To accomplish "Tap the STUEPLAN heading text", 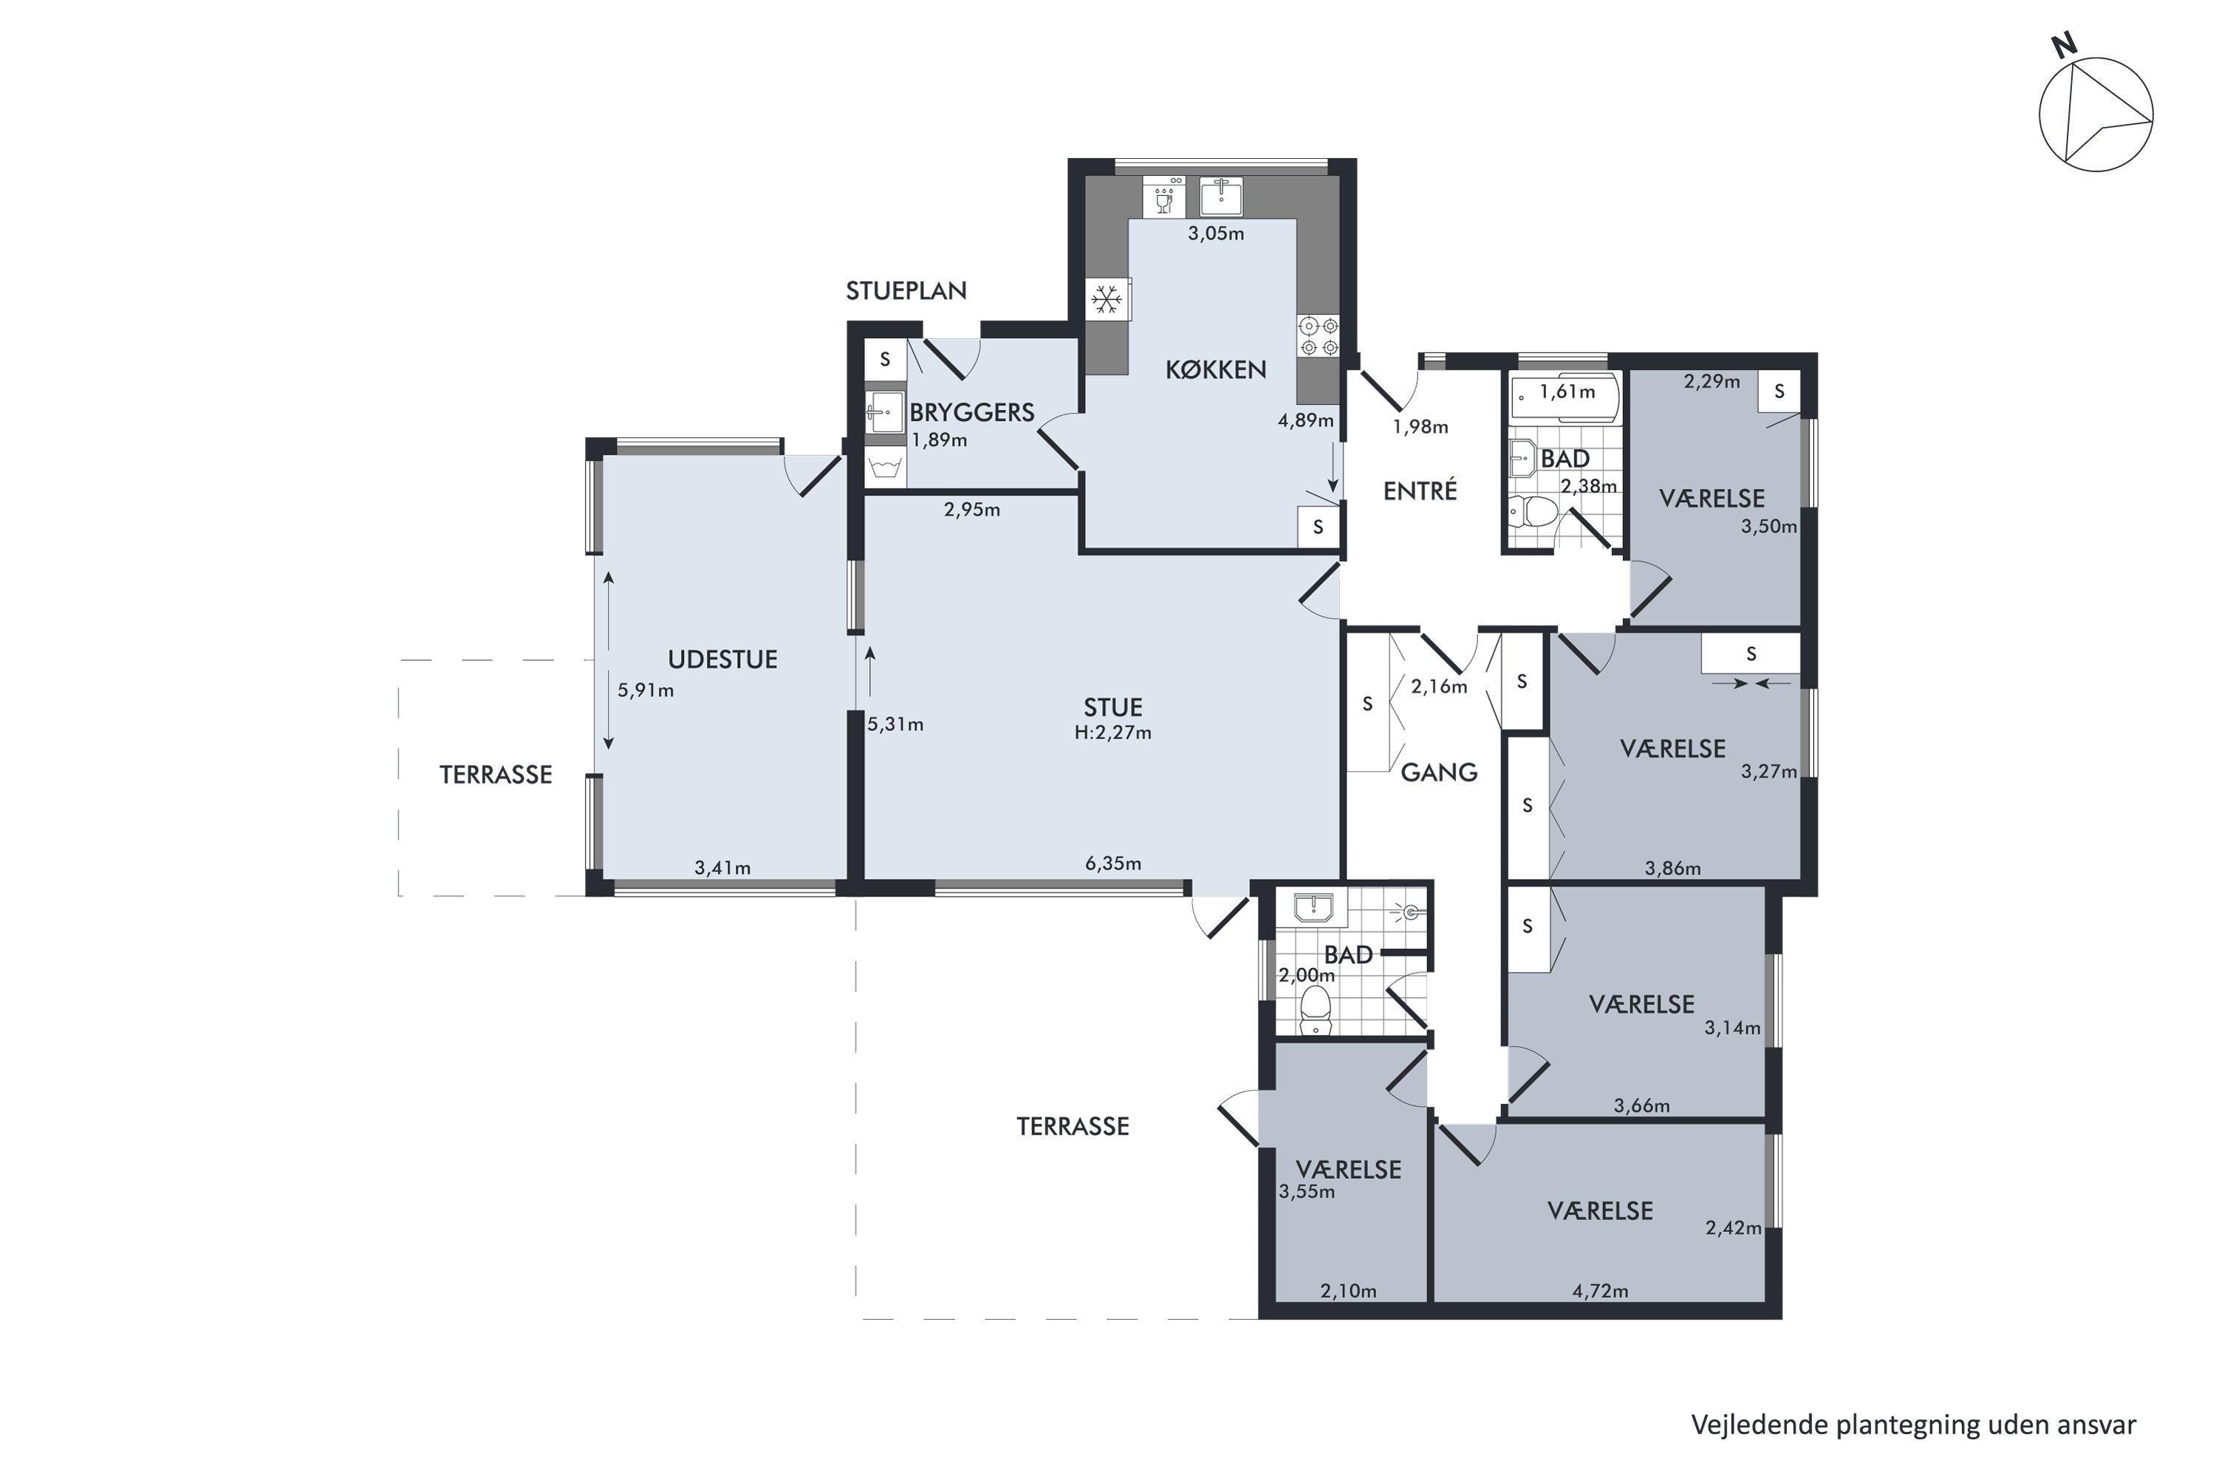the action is pos(906,291).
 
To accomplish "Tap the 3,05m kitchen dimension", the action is pos(1215,233).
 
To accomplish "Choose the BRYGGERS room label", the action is pos(971,413).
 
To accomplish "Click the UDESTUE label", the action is pos(722,659).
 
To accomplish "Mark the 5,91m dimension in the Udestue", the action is pos(646,690).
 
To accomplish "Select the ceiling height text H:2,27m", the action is pos(1112,733).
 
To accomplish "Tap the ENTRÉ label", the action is pos(1420,491).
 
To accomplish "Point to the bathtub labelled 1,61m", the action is pos(1565,396).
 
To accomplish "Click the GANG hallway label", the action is pos(1439,772).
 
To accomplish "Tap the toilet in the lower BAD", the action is pos(1316,1008).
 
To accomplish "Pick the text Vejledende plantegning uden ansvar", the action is pos(1914,1425).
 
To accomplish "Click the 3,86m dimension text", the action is pos(1672,868).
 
